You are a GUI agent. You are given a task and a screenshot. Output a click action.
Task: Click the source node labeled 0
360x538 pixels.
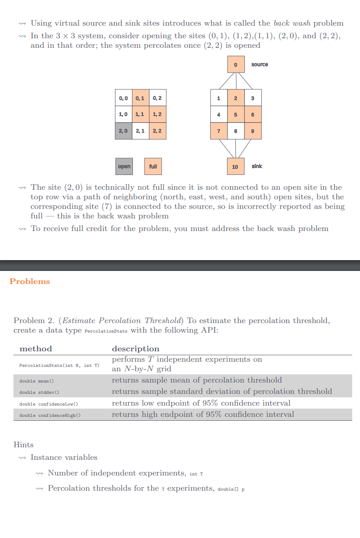point(235,65)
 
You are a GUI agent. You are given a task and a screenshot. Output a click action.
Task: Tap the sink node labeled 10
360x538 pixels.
point(235,166)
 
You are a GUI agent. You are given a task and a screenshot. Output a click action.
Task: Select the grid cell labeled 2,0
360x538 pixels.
point(123,131)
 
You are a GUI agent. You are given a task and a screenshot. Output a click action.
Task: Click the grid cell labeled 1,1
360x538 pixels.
point(140,115)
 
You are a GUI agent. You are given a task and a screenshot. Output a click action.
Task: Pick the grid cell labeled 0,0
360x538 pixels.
point(123,98)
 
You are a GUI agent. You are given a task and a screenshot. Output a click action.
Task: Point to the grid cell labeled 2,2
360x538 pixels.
point(157,131)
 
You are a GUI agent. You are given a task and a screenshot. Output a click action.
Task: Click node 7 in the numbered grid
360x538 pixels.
point(219,131)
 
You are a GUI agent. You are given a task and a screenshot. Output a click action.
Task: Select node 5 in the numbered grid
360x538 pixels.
point(235,115)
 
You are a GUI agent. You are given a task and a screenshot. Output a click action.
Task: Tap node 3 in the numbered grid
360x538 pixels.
point(252,98)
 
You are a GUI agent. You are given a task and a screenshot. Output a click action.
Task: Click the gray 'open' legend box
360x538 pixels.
point(124,166)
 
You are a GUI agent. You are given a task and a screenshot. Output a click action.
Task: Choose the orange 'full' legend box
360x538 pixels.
point(153,166)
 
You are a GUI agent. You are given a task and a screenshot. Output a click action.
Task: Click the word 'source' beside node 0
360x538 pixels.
point(260,65)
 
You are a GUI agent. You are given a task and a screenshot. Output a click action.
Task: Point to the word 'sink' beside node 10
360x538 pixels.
point(257,166)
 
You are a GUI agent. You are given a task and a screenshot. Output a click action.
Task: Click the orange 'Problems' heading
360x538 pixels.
point(30,281)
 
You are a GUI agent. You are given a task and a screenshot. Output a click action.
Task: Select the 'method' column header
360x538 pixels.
point(36,349)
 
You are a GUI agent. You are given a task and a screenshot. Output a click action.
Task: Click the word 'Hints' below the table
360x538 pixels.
point(23,445)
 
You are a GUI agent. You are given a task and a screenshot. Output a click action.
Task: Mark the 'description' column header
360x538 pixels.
point(135,349)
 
